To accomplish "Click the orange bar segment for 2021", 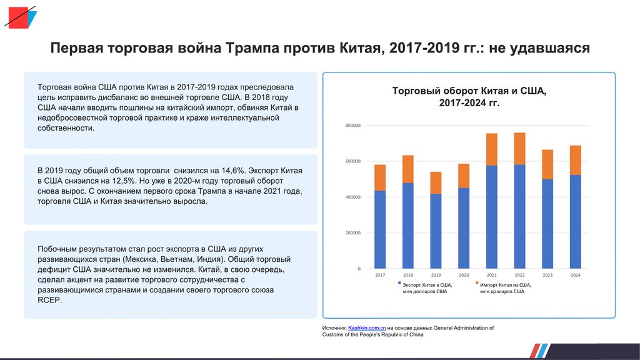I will (x=492, y=149).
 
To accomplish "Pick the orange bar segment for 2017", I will (x=380, y=177).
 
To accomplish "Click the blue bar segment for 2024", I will (x=576, y=222).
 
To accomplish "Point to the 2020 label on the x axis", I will (x=464, y=275).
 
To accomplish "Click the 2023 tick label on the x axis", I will (x=547, y=275).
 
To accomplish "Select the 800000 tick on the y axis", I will (x=353, y=126).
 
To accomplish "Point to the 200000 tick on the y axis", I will (x=353, y=233).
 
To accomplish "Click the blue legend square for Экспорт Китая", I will (x=398, y=283).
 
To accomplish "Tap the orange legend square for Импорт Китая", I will (x=476, y=283).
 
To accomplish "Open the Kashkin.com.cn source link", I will (x=367, y=327).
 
